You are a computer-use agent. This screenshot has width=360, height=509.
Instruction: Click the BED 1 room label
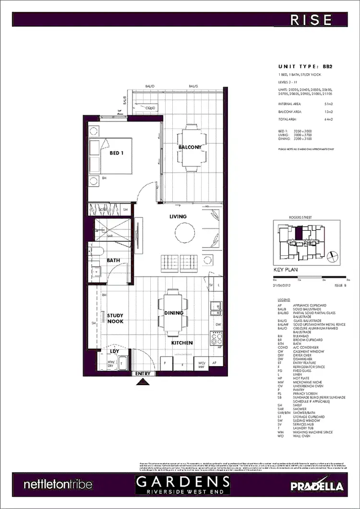pyautogui.click(x=117, y=153)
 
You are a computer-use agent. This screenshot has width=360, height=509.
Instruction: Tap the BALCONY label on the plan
pyautogui.click(x=190, y=147)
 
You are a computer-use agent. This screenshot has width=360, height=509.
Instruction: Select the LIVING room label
pyautogui.click(x=178, y=216)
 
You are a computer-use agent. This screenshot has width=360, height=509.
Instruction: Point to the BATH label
pyautogui.click(x=113, y=260)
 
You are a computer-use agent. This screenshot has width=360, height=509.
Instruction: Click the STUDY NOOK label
pyautogui.click(x=115, y=319)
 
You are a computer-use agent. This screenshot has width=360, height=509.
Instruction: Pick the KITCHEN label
pyautogui.click(x=182, y=343)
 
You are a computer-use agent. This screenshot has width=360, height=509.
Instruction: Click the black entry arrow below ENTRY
pyautogui.click(x=143, y=382)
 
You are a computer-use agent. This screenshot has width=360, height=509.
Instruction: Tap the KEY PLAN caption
pyautogui.click(x=286, y=270)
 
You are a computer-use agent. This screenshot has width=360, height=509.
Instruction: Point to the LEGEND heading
pyautogui.click(x=284, y=299)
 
